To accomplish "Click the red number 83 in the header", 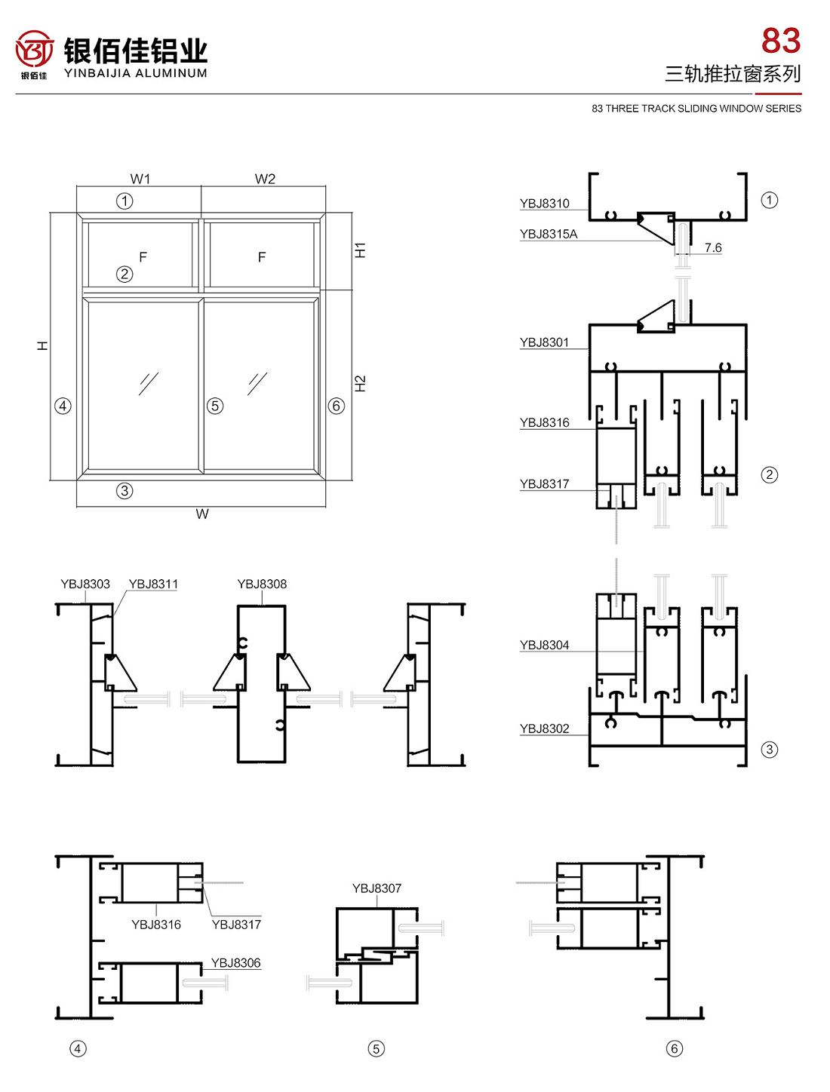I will tap(780, 41).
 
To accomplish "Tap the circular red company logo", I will tap(35, 50).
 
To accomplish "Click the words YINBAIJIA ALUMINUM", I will tap(136, 73).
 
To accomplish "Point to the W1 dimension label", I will tap(140, 179).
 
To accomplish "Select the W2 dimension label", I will tap(265, 179).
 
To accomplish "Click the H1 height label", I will tap(361, 250).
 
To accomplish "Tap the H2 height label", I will tap(361, 383).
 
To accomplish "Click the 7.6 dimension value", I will tap(712, 247).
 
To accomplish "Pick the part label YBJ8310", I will tap(544, 204).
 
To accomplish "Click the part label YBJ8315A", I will tap(549, 235).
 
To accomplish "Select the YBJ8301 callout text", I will tap(544, 342).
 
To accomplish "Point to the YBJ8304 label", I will tap(544, 645).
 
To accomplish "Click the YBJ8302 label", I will tap(544, 729).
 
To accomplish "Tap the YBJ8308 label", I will tap(262, 584).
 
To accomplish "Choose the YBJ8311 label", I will tap(153, 584).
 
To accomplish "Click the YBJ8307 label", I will tap(377, 888).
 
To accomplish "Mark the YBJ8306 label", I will tap(235, 963).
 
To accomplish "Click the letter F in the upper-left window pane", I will tap(143, 257).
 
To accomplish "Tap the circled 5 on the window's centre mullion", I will tap(215, 406).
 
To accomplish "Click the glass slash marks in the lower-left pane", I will tap(149, 383).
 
